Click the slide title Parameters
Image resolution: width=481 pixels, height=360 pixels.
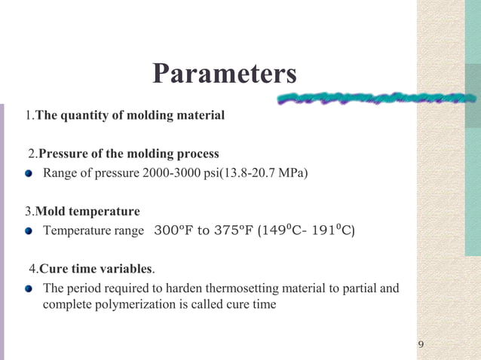[224, 74]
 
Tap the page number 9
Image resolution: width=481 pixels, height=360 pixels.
[421, 345]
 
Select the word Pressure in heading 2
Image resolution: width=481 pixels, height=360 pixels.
[64, 154]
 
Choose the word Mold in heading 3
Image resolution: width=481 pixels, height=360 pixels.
[51, 211]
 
